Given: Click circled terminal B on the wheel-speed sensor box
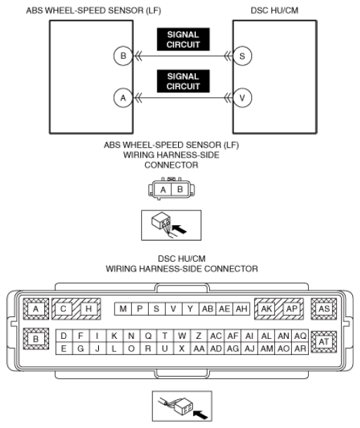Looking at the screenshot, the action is (123, 56).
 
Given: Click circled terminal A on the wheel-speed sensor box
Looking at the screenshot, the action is (123, 98).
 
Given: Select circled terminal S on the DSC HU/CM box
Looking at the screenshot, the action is (242, 56).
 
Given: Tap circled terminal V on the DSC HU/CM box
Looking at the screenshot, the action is (242, 98).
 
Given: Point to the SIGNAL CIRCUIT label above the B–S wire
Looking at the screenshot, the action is (183, 39).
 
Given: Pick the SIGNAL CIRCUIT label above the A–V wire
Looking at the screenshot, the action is (183, 81).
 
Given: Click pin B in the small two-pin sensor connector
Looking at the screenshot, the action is (180, 189).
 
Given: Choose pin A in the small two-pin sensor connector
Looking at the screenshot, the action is (163, 189).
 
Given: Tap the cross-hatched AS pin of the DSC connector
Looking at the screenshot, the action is (324, 309).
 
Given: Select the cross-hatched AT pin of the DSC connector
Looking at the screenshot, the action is (324, 342).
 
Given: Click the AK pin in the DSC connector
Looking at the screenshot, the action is (267, 309).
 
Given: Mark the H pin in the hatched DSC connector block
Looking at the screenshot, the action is (88, 309).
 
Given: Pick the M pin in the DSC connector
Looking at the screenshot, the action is (123, 309).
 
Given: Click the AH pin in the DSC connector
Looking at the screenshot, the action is (241, 309).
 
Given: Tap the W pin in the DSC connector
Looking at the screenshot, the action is (182, 336).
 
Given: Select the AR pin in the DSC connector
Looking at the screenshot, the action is (300, 349).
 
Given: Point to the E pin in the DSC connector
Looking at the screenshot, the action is (64, 349).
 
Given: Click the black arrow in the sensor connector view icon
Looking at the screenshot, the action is (180, 229).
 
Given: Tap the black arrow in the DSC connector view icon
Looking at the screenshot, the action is (200, 414).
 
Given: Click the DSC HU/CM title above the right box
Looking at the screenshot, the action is (274, 11).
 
